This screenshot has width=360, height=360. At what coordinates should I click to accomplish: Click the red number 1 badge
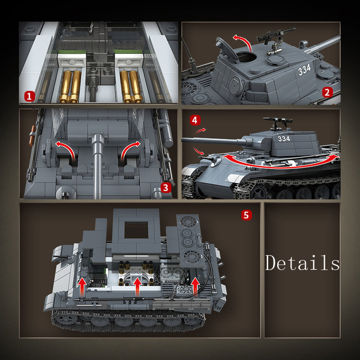coord(30,96)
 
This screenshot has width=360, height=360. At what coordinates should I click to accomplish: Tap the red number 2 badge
coord(327,93)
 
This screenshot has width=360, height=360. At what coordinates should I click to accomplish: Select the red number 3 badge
coord(165,188)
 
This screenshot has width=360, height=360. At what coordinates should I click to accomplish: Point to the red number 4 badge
coord(194,120)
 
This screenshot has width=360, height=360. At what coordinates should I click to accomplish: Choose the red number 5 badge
coord(246,215)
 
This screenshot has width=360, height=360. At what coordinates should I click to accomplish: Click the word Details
coord(302,263)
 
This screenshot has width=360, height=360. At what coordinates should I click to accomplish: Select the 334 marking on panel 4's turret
coord(283,138)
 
